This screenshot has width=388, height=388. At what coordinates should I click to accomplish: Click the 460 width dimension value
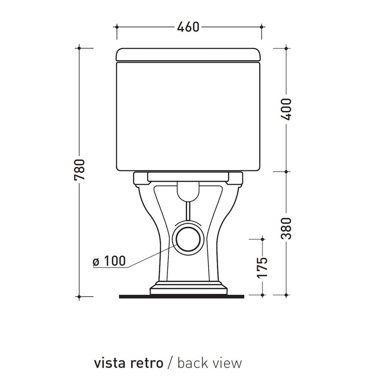(188, 27)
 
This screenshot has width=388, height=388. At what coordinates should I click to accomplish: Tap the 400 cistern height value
(286, 109)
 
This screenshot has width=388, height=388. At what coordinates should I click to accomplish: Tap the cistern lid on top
(188, 54)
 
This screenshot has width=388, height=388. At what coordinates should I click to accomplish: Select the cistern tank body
(188, 116)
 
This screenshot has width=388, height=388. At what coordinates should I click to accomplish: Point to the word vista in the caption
(110, 363)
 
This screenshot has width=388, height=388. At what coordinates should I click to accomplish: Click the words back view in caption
(210, 363)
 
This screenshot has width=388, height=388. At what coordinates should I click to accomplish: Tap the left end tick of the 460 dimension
(117, 27)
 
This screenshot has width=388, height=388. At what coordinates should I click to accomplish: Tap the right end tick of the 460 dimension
(261, 27)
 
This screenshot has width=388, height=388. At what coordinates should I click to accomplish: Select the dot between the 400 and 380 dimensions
(286, 172)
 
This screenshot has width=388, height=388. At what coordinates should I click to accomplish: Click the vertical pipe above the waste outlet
(188, 211)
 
